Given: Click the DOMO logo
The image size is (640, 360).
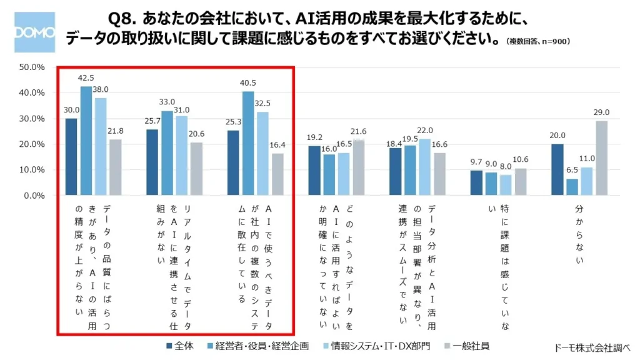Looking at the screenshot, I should pyautogui.click(x=34, y=32).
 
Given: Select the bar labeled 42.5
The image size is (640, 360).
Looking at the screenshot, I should pyautogui.click(x=86, y=141).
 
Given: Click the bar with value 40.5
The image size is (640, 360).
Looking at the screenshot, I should pyautogui.click(x=248, y=144).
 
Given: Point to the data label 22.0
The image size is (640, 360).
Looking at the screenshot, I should pyautogui.click(x=425, y=130).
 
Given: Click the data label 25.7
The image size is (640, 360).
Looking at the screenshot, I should pyautogui.click(x=152, y=121).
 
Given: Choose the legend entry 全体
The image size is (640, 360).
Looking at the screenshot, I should pyautogui.click(x=182, y=346).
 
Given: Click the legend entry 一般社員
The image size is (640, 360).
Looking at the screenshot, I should pyautogui.click(x=466, y=346).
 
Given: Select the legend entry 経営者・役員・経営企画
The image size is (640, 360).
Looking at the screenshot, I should pyautogui.click(x=256, y=346).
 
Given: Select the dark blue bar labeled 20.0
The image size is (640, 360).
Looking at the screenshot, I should pyautogui.click(x=557, y=170).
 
